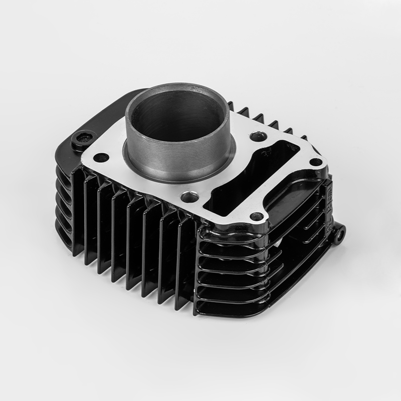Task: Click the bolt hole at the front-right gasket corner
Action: click(257, 217)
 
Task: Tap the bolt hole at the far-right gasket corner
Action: click(315, 162)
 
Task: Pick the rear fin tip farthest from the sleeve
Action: click(303, 136)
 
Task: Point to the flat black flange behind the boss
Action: click(108, 118)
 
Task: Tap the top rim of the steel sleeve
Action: click(178, 88)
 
